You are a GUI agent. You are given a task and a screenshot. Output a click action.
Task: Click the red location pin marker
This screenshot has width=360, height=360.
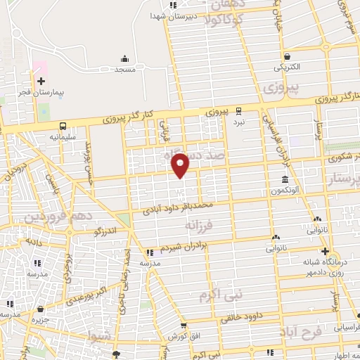[181, 165]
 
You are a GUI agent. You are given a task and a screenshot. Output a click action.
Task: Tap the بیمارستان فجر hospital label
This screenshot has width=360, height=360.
[41, 93]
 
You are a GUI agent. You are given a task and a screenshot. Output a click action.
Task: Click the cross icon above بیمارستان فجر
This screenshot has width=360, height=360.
[41, 81]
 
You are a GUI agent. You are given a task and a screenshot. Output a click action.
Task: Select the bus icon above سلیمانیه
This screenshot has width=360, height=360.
[63, 127]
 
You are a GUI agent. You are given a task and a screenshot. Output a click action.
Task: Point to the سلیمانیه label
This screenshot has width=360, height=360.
[63, 137]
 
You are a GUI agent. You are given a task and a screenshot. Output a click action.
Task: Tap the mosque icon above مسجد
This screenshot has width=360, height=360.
[125, 58]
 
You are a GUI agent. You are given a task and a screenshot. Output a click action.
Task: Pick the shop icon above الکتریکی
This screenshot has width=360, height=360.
[287, 56]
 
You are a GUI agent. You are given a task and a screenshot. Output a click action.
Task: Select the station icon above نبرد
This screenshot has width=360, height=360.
[239, 110]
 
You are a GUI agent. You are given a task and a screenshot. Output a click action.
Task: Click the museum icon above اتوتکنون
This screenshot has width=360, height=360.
[284, 179]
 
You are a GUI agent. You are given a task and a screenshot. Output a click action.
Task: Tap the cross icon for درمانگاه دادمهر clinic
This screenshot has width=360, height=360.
[324, 251]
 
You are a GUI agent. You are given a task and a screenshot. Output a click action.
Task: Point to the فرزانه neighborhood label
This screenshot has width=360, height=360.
[198, 225]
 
